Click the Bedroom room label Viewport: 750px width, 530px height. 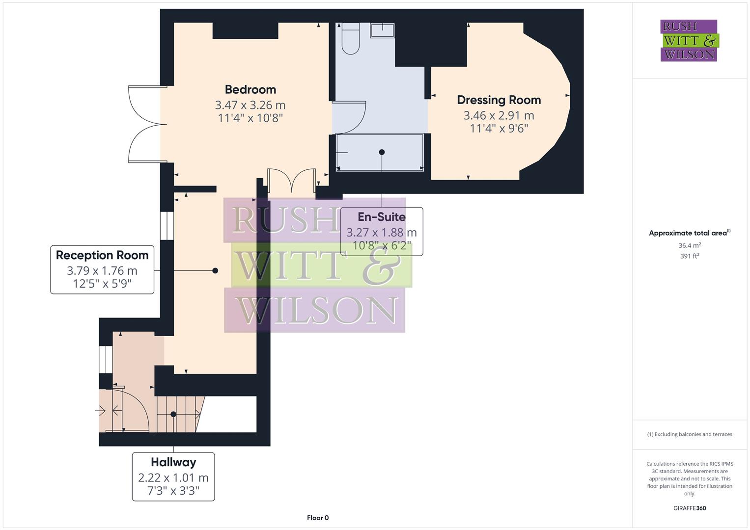point(250,89)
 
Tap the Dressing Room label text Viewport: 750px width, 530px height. point(499,100)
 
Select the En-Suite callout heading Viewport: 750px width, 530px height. point(382,217)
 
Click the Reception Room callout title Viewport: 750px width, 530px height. point(102,255)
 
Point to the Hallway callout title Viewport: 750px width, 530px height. point(173,462)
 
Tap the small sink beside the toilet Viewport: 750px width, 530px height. point(382,30)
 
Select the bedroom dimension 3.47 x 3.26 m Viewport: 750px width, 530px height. point(250,105)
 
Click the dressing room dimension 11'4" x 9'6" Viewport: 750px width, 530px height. point(499,129)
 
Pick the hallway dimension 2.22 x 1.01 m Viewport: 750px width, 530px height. point(173,477)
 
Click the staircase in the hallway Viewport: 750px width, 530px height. point(178,414)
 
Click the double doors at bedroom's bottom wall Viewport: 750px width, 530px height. point(291,180)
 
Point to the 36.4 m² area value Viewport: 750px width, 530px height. point(690,245)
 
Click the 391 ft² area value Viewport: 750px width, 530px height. point(690,256)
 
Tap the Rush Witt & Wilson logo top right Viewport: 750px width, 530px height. point(689,41)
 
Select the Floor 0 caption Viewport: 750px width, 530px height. point(318,518)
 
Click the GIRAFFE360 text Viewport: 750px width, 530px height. point(690,508)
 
